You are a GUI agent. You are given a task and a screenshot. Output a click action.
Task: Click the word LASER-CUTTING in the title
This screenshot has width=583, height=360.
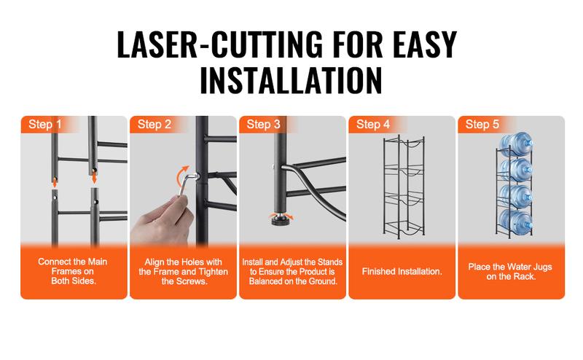(x=220, y=44)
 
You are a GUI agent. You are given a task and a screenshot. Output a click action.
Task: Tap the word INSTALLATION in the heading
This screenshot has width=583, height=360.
(x=291, y=80)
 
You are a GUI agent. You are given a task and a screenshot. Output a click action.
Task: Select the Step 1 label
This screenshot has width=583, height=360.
(x=45, y=124)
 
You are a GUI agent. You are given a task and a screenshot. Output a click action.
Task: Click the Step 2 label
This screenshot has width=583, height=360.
(x=154, y=124)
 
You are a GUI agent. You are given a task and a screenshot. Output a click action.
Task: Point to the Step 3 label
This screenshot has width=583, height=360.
(x=263, y=124)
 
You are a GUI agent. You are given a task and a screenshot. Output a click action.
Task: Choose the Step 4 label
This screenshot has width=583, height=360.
(x=373, y=124)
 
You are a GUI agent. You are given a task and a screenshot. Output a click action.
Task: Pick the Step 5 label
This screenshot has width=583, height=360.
(x=482, y=124)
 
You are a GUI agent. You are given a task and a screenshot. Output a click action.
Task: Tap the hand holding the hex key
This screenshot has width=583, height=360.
(x=163, y=221)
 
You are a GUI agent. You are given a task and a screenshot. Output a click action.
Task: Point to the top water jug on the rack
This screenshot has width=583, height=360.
(x=516, y=144)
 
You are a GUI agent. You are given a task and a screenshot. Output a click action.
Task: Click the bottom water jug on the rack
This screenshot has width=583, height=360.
(x=516, y=222)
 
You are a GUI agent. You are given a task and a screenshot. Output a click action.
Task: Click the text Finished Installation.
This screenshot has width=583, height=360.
(x=402, y=272)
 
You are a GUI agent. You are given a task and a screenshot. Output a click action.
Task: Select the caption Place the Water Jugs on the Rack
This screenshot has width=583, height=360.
(x=510, y=272)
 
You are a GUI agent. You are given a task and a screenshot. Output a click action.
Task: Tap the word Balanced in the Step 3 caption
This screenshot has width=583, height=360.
(x=265, y=281)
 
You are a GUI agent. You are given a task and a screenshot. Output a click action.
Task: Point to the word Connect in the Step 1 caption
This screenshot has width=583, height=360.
(x=54, y=262)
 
